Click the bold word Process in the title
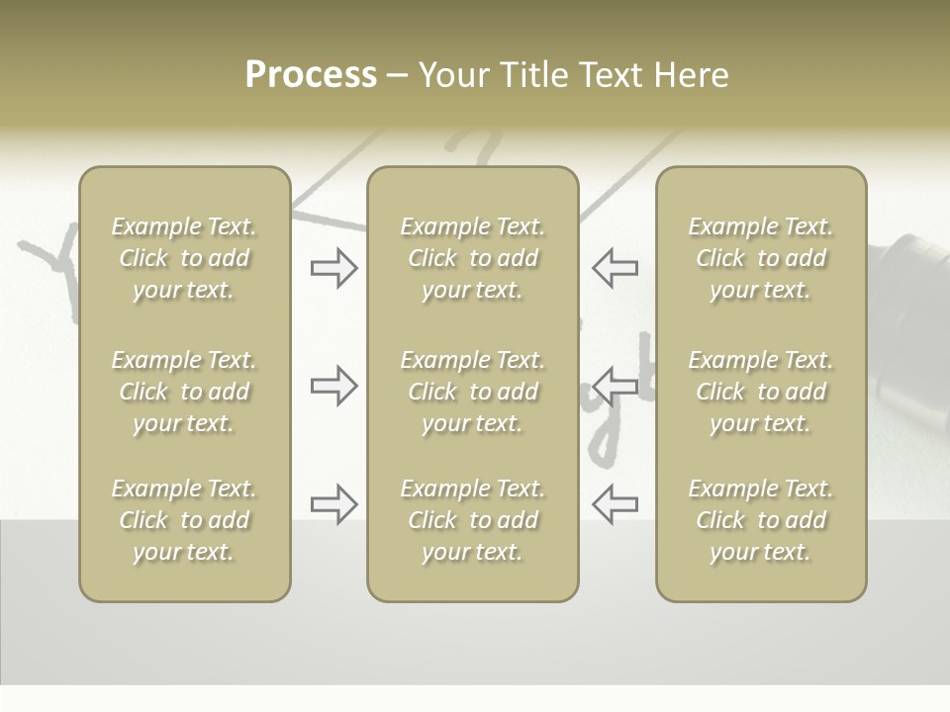[x=311, y=75]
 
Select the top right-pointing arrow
[x=334, y=268]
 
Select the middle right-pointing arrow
[x=334, y=386]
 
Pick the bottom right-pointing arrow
[x=334, y=504]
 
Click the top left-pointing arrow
[x=616, y=268]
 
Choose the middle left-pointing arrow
[x=616, y=386]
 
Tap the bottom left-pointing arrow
[x=616, y=504]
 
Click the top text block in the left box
[x=184, y=258]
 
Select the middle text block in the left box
[x=184, y=392]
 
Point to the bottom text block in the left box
[x=184, y=520]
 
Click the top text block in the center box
[x=473, y=258]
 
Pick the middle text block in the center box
[x=473, y=392]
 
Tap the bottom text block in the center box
[x=473, y=520]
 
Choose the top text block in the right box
[x=761, y=258]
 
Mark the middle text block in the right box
[x=761, y=392]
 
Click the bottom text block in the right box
[x=761, y=520]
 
